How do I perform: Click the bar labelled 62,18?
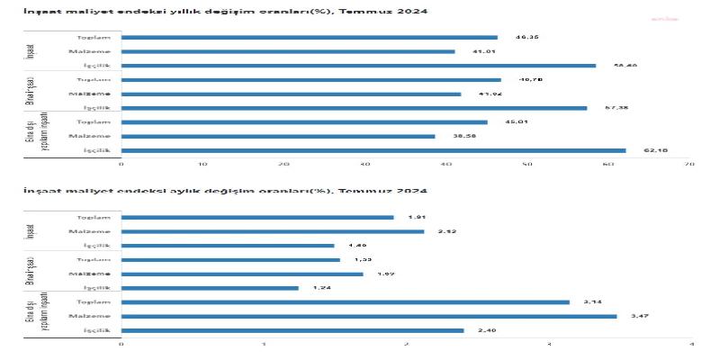pos(373,150)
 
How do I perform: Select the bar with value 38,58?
pos(278,136)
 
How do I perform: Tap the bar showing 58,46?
pos(358,66)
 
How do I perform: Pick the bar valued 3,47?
pos(369,316)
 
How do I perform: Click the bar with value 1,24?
pos(210,288)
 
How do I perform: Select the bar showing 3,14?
pos(346,302)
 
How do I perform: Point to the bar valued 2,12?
pos(273,231)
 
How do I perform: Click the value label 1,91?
pos(416,218)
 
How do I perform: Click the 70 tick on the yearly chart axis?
pos(689,165)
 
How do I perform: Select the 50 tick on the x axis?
pos(527,165)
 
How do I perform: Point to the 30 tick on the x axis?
pos(365,165)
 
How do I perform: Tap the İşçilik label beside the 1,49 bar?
pos(96,246)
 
